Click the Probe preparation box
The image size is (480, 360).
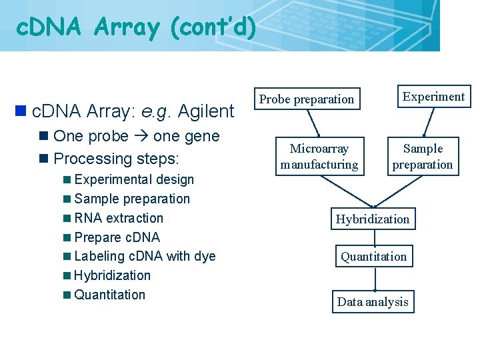pyautogui.click(x=307, y=99)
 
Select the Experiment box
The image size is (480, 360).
pyautogui.click(x=433, y=97)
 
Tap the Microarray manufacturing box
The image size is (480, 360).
pyautogui.click(x=319, y=157)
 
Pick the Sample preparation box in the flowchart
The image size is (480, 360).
pyautogui.click(x=423, y=157)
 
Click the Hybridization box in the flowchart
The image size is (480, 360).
pyautogui.click(x=373, y=219)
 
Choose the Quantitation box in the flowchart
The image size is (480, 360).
pyautogui.click(x=373, y=257)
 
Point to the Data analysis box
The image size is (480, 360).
pyautogui.click(x=373, y=302)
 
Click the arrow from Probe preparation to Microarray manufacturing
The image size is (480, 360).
pyautogui.click(x=313, y=123)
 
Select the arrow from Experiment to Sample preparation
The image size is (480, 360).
pyautogui.click(x=429, y=123)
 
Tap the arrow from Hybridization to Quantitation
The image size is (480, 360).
pyautogui.click(x=373, y=238)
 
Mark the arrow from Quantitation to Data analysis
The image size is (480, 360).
pyautogui.click(x=374, y=279)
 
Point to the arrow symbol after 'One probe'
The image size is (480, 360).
pyautogui.click(x=141, y=137)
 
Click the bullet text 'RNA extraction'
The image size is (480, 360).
pyautogui.click(x=119, y=218)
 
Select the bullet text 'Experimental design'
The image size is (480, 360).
pyautogui.click(x=134, y=179)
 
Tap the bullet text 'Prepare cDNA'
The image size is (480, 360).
pyautogui.click(x=117, y=237)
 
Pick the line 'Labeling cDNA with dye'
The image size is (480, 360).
pyautogui.click(x=145, y=256)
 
